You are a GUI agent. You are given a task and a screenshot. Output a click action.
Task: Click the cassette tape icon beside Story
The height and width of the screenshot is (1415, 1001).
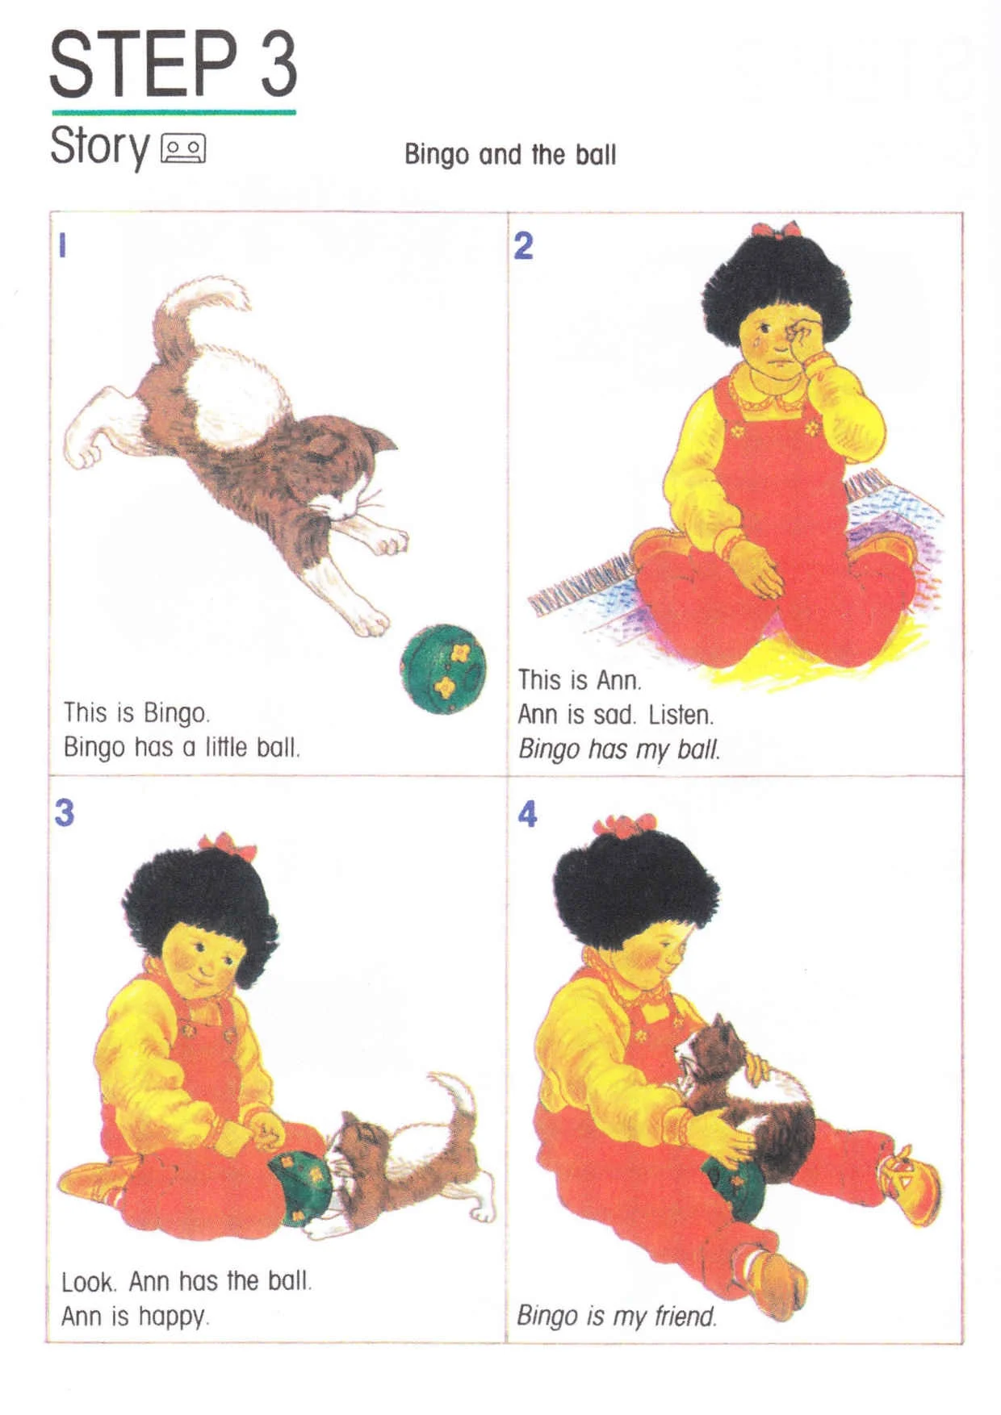click(184, 148)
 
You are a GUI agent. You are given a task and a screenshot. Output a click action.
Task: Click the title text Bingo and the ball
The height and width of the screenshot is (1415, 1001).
click(510, 154)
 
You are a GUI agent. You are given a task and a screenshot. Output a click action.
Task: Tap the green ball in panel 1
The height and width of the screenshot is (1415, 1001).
click(443, 668)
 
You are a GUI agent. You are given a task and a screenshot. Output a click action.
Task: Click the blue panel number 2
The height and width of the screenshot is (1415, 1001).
click(524, 245)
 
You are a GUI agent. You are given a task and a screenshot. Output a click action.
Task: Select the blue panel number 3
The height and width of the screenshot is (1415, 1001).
click(65, 812)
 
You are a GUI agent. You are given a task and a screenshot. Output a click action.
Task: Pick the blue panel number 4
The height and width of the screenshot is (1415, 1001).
click(527, 814)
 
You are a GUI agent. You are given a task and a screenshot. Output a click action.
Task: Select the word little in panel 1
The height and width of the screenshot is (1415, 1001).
click(225, 747)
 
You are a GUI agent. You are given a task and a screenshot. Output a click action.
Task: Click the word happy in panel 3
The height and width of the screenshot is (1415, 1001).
click(174, 1317)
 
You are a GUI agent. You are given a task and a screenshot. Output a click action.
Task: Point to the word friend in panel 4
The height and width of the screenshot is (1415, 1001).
click(685, 1316)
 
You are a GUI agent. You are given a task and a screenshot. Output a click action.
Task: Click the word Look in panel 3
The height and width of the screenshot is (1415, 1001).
click(90, 1281)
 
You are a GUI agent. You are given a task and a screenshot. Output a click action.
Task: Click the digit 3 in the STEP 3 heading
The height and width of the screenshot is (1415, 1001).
click(279, 64)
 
